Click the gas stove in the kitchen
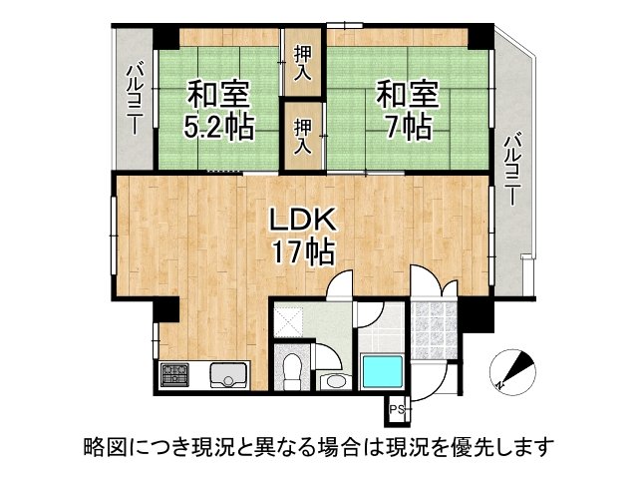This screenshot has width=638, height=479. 174,374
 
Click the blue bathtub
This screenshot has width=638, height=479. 381,374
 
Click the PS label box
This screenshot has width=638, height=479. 396,409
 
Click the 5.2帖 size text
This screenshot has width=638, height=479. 217,128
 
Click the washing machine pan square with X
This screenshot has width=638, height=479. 294,320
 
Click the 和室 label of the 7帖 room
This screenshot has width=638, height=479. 407,97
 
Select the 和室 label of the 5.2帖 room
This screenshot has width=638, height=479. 217,97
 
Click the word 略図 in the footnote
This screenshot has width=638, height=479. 101,444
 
